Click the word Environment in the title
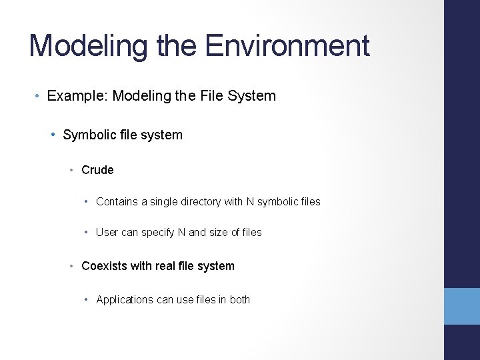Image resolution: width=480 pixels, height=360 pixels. pyautogui.click(x=287, y=45)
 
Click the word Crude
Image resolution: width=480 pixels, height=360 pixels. pyautogui.click(x=97, y=170)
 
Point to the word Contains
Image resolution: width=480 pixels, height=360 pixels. pyautogui.click(x=118, y=201)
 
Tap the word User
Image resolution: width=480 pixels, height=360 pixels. pyautogui.click(x=107, y=233)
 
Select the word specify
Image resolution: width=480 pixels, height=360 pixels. pyautogui.click(x=157, y=233)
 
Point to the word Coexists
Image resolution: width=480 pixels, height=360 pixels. pyautogui.click(x=105, y=266)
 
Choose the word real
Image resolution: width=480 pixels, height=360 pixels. pyautogui.click(x=165, y=266)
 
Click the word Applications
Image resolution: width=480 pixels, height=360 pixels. pyautogui.click(x=125, y=300)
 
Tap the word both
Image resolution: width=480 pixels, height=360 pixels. pyautogui.click(x=240, y=300)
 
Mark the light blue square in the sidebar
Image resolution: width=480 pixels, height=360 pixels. pyautogui.click(x=462, y=306)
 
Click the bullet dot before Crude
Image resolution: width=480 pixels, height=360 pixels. pyautogui.click(x=73, y=171)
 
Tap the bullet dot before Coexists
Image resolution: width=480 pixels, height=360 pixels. pyautogui.click(x=73, y=267)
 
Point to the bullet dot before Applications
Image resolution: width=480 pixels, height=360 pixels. pyautogui.click(x=87, y=300)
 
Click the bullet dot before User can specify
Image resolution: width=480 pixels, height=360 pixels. pyautogui.click(x=87, y=233)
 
